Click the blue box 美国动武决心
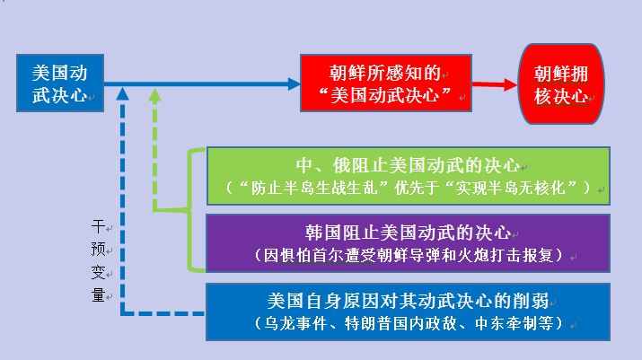(60, 83)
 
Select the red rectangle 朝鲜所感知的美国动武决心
(386, 83)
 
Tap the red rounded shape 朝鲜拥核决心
(561, 84)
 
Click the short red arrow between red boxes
(495, 84)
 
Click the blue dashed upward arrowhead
(122, 93)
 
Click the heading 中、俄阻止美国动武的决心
(408, 165)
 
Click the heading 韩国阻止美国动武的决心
(408, 233)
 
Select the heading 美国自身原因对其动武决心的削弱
(408, 301)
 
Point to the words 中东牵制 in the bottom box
(506, 323)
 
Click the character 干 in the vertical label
(98, 225)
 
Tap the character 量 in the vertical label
(98, 294)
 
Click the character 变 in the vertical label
(98, 272)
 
